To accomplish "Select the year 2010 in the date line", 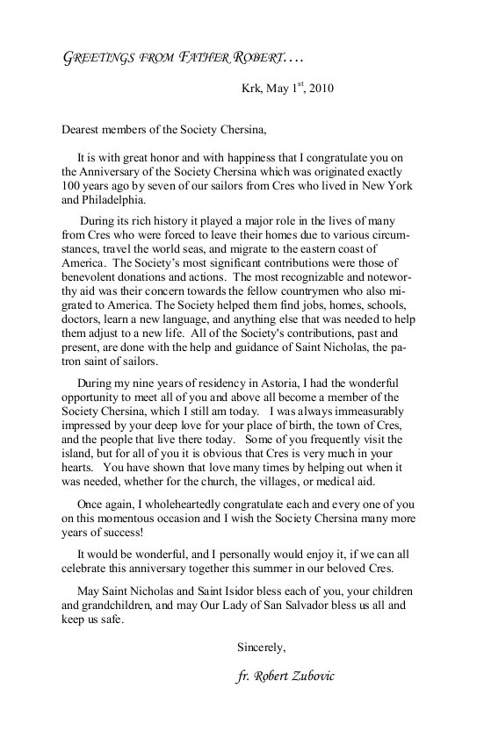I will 315,89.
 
